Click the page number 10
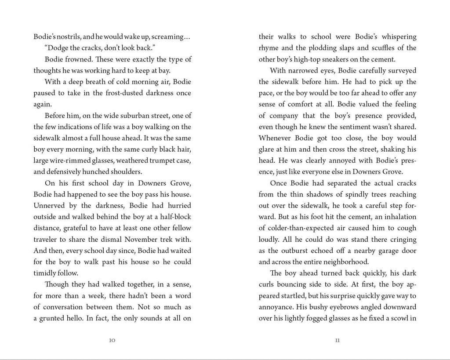(112, 340)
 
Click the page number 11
(337, 340)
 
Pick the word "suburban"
(110, 116)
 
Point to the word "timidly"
(46, 273)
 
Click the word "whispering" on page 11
(393, 36)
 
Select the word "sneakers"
(330, 59)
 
